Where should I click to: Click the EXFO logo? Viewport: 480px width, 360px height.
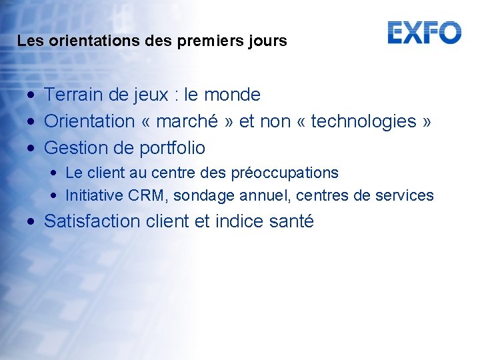(x=424, y=32)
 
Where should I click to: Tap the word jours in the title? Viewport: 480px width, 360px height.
(x=269, y=41)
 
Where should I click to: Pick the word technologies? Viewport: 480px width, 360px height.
(x=364, y=121)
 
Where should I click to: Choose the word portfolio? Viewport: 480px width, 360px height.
(x=172, y=147)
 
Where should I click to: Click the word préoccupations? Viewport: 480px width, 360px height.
(x=285, y=173)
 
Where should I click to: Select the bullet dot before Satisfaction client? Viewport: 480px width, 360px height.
(x=32, y=222)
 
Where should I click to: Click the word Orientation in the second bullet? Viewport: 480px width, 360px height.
(x=89, y=121)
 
